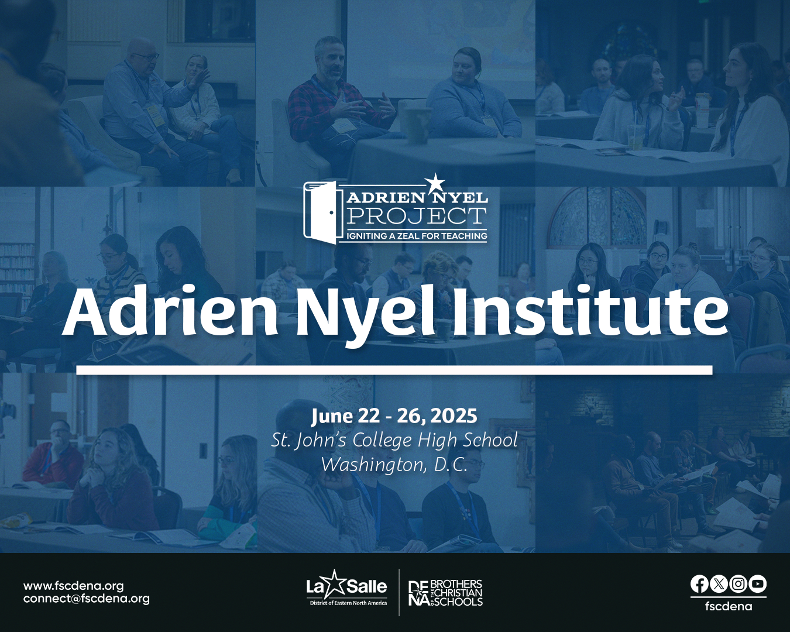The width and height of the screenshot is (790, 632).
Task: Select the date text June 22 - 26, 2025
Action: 394,416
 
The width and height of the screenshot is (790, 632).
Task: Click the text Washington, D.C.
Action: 394,465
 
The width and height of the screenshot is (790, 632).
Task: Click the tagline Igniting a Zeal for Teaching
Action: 417,236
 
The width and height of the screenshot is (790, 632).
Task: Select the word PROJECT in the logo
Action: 417,216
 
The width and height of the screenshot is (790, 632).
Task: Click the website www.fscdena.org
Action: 73,585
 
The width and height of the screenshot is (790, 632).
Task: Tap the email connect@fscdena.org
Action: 86,599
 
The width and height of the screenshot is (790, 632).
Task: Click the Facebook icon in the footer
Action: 699,584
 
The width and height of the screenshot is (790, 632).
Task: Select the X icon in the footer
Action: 719,584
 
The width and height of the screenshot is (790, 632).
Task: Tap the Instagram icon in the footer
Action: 739,584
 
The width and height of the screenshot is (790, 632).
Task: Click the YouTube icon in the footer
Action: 757,584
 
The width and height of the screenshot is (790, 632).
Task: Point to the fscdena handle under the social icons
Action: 729,606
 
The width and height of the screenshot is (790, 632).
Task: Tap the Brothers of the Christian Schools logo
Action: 446,593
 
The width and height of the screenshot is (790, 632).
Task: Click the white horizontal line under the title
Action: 394,370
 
